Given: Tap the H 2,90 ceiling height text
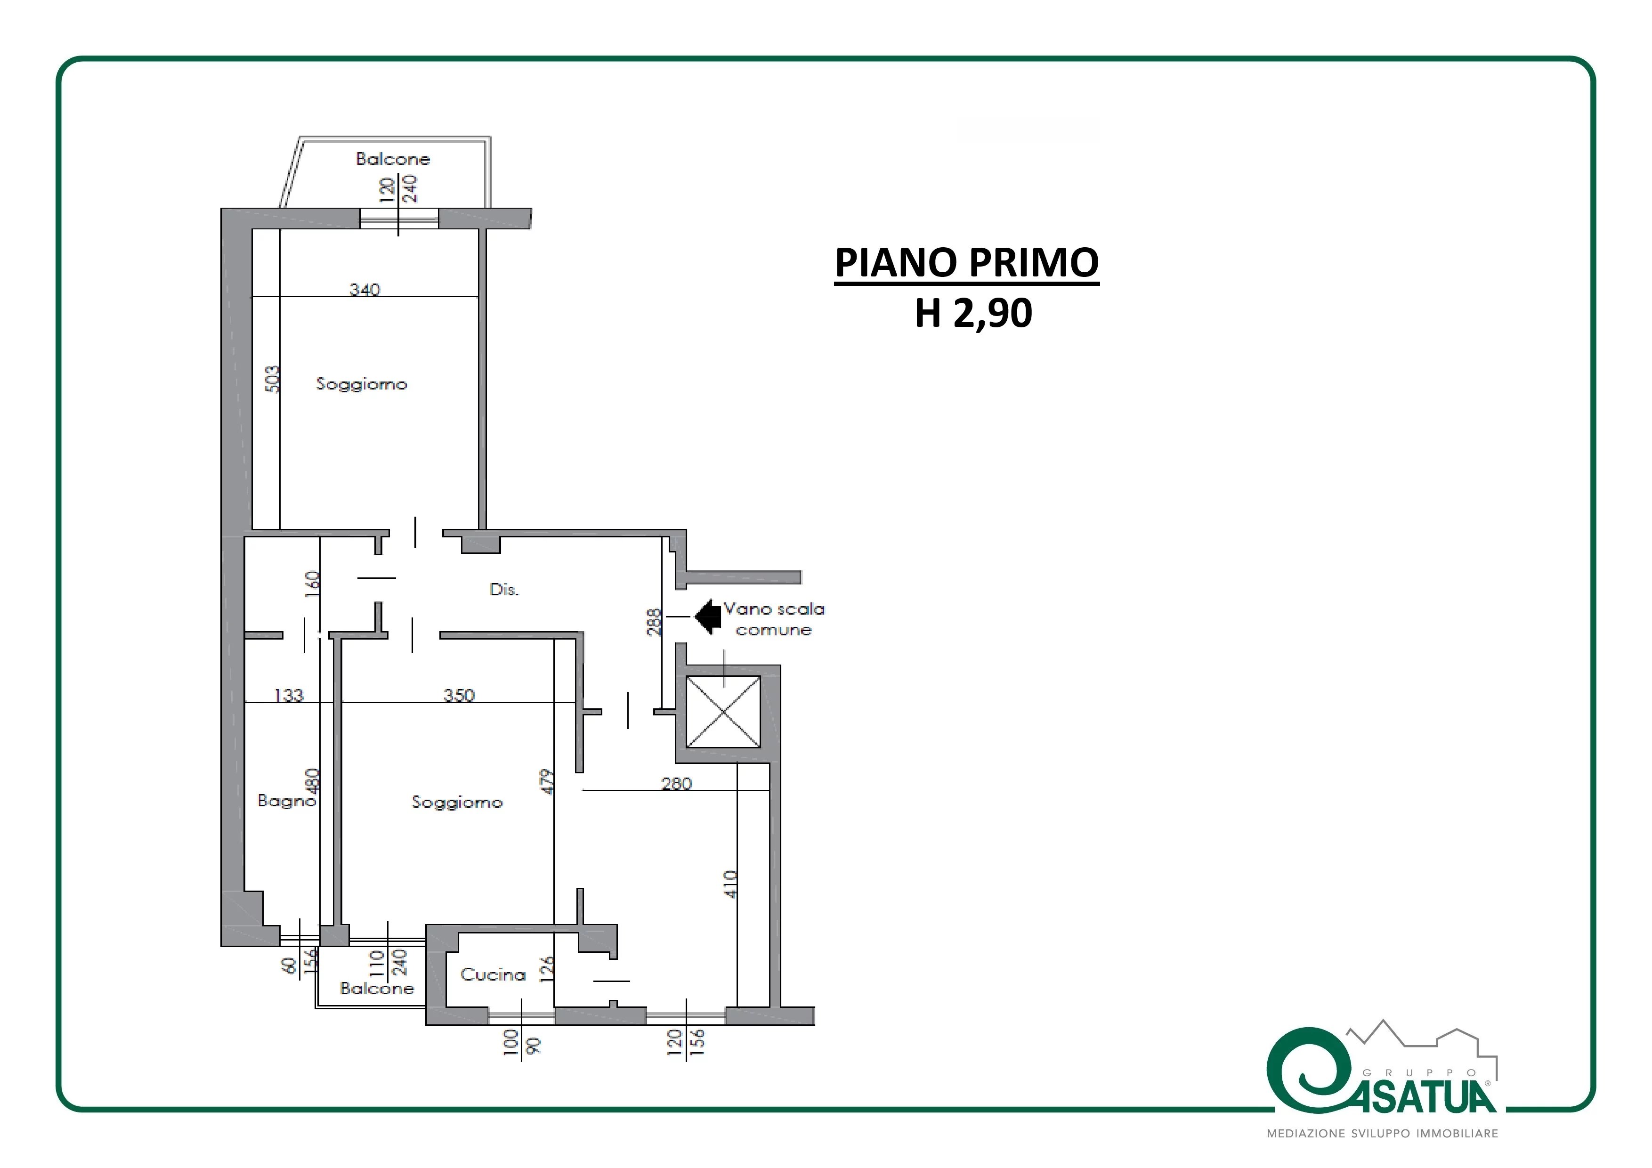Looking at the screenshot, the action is click(973, 313).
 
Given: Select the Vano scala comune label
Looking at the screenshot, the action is click(774, 619).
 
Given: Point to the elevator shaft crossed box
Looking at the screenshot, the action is click(723, 711).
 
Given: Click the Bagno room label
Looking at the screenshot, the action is click(286, 800).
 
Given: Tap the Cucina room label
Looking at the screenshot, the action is click(493, 974).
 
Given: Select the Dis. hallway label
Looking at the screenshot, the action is click(504, 589).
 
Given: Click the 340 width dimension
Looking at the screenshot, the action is click(365, 289).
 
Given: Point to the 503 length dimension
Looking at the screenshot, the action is click(273, 379).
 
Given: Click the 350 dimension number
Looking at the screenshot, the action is click(459, 695).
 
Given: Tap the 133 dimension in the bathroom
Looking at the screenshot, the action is click(289, 695).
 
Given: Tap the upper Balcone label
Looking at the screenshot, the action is click(393, 158).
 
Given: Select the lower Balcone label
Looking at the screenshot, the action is click(377, 988).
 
